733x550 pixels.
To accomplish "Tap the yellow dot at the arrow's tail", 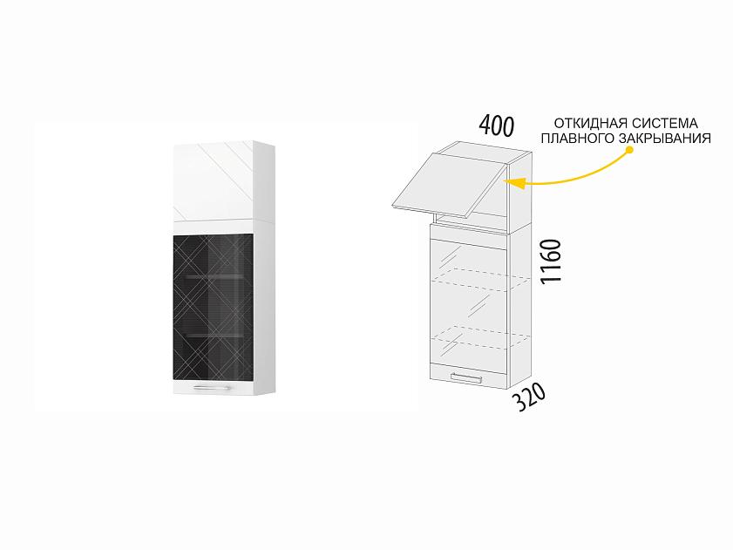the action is pos(629,150).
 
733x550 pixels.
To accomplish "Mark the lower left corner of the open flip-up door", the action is pos(390,205).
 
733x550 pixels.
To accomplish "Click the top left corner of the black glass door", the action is pos(173,235).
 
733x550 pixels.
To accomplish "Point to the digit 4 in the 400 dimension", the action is pos(485,125).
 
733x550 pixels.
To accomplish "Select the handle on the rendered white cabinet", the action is pos(212,387).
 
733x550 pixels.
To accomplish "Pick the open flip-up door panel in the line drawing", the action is pos(448,186).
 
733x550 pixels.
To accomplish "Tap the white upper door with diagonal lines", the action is pos(214,181).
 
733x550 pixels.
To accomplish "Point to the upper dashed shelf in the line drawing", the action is pos(480,276).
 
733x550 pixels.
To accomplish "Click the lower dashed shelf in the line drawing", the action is pos(480,337).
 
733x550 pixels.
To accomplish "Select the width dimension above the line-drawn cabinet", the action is pos(497,126).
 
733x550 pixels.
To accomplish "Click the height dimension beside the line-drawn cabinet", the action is pos(550,261).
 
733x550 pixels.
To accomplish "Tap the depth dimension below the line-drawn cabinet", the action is pos(529,397).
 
